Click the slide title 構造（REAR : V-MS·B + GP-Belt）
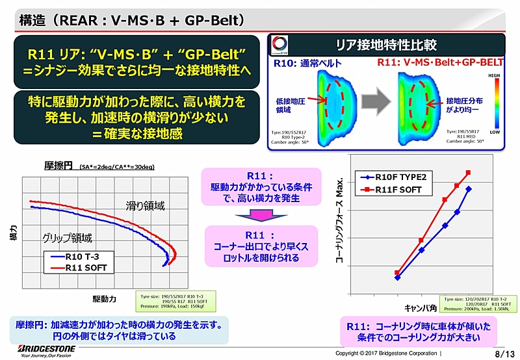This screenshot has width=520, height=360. pyautogui.click(x=130, y=21)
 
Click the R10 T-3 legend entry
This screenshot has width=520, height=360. pyautogui.click(x=82, y=256)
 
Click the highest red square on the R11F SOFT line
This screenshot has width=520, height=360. pyautogui.click(x=468, y=173)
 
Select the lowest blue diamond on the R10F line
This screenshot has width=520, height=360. pyautogui.click(x=397, y=277)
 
